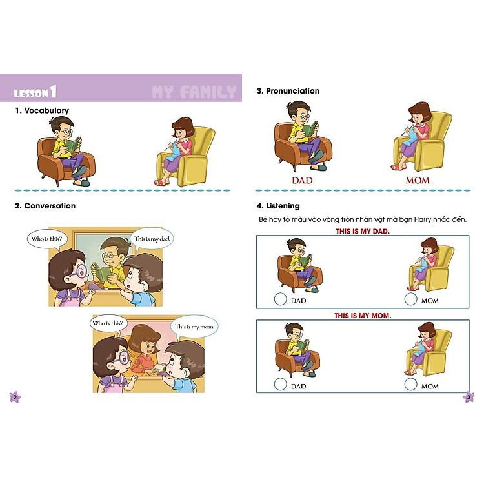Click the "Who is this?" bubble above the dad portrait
coord(47,239)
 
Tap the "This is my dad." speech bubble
coord(154,239)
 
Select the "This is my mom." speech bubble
coord(196,327)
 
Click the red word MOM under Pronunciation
coord(418,180)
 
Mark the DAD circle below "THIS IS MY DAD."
coord(280,299)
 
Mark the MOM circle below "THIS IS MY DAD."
coord(410,299)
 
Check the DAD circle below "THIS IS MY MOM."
coord(280,385)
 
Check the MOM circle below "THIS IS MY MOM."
coord(410,385)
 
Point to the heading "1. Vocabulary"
coord(42,110)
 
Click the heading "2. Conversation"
coord(45,206)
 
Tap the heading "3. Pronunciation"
coord(288,91)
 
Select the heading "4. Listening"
coord(278,206)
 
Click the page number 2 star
coord(15,397)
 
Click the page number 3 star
coord(469,397)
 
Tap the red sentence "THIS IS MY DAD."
coord(363,231)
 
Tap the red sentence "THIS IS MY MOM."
coord(363,316)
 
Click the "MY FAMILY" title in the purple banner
coord(194,92)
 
